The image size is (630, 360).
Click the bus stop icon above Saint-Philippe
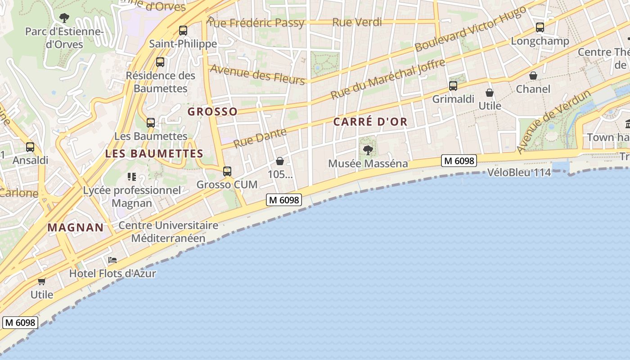point(183,31)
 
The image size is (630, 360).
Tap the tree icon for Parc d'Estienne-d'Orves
point(64,18)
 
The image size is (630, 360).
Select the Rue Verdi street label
point(357,22)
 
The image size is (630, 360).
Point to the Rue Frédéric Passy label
point(256,23)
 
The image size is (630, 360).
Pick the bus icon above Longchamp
point(540,27)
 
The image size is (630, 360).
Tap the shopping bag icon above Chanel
point(533,76)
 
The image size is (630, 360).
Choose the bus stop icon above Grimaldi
point(453,85)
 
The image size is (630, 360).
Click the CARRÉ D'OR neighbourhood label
point(370,121)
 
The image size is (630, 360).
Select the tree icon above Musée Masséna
point(368,150)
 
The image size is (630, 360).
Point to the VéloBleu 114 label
point(519,172)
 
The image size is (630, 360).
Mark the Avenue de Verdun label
point(553,122)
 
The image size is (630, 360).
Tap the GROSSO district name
point(212,112)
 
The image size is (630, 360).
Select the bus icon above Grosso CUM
point(227,171)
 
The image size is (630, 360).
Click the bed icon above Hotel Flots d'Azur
point(112,260)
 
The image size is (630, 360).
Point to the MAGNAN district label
point(76,227)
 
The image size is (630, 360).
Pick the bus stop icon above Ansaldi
point(30,147)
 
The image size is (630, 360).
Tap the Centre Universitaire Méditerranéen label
point(168,232)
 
